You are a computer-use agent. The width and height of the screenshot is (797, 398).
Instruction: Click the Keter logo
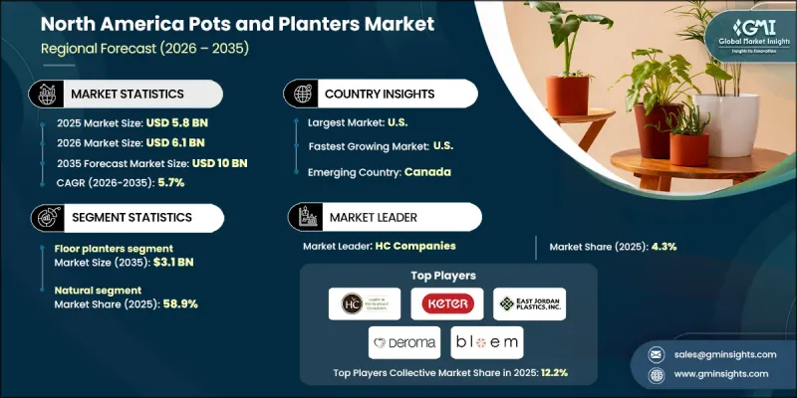pyautogui.click(x=446, y=303)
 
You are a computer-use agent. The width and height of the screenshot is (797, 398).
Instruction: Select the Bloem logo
pyautogui.click(x=488, y=342)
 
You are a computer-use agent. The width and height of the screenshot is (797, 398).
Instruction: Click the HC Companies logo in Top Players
pyautogui.click(x=365, y=303)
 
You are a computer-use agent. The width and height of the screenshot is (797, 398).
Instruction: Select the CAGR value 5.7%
pyautogui.click(x=149, y=182)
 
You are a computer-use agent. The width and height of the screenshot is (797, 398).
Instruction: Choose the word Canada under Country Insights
pyautogui.click(x=428, y=170)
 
